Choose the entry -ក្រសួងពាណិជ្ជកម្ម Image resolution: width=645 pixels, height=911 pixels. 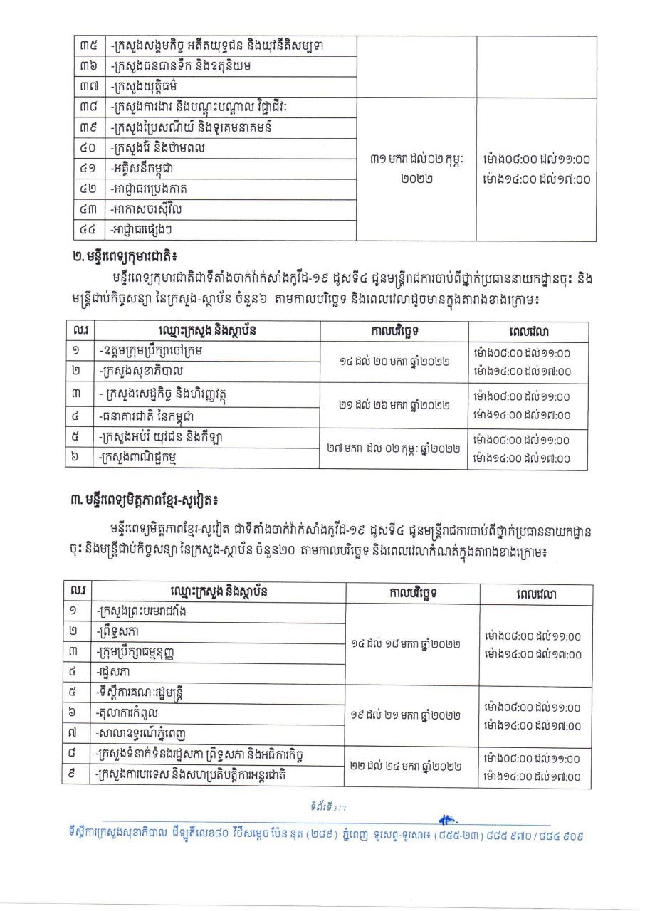[148, 458]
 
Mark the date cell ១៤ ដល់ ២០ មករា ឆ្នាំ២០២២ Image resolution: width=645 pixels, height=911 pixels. [394, 362]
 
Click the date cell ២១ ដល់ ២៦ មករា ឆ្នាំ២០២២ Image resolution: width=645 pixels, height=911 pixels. [394, 405]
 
